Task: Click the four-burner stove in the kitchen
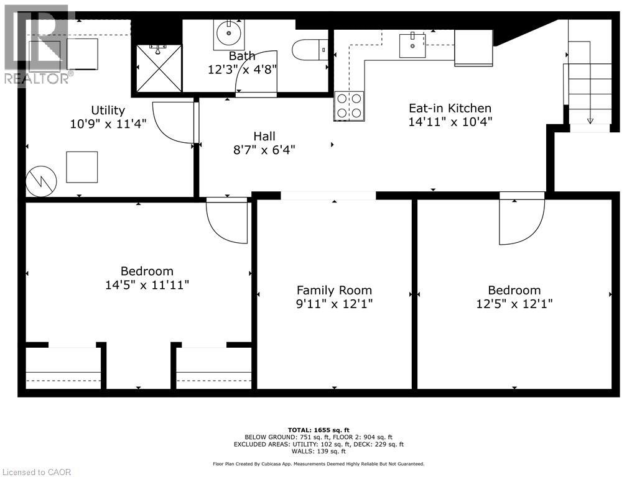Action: coord(349,106)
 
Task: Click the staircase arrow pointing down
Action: coord(590,119)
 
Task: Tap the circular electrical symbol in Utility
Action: coord(41,181)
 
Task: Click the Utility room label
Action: coord(108,110)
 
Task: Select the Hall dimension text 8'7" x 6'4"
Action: coord(264,150)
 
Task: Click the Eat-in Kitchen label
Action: coord(450,108)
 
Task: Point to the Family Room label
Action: coord(334,290)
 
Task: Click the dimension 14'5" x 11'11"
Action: coord(147,285)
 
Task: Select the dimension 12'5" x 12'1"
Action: coord(514,304)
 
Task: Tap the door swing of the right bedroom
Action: coord(521,222)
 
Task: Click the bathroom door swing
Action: coord(256,73)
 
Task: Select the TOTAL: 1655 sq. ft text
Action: coord(318,430)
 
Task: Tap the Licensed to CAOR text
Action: coord(37,471)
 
